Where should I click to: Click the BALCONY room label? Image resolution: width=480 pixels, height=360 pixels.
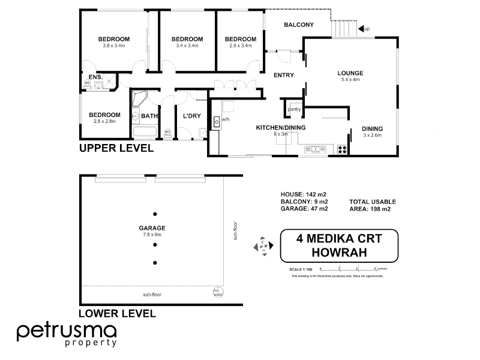coord(299,25)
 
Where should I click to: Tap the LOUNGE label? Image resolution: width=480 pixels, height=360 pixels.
coord(351,73)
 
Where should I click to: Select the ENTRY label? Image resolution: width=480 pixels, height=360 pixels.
coord(283,75)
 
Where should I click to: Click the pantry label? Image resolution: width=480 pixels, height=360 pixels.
coord(294,109)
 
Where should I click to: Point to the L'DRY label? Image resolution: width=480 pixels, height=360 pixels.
coord(191,116)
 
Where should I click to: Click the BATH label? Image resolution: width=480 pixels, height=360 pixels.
coord(149,116)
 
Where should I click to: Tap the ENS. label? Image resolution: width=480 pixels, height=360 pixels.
coord(95,77)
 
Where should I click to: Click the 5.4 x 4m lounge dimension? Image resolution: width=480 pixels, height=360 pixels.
coord(351,80)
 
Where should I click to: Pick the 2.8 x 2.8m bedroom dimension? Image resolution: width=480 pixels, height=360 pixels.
coord(104,121)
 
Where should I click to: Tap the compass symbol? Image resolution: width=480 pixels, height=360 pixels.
coord(263,245)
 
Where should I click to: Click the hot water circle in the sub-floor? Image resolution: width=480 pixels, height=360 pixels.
coord(217,292)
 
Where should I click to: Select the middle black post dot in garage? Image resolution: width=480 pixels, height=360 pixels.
coord(155,238)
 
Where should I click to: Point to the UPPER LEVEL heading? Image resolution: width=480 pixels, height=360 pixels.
coord(116,148)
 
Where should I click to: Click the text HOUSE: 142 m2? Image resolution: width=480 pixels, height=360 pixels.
coord(304,194)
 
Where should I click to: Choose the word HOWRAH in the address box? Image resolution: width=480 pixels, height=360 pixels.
coord(339,252)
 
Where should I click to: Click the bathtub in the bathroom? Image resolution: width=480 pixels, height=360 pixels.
coord(145,133)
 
